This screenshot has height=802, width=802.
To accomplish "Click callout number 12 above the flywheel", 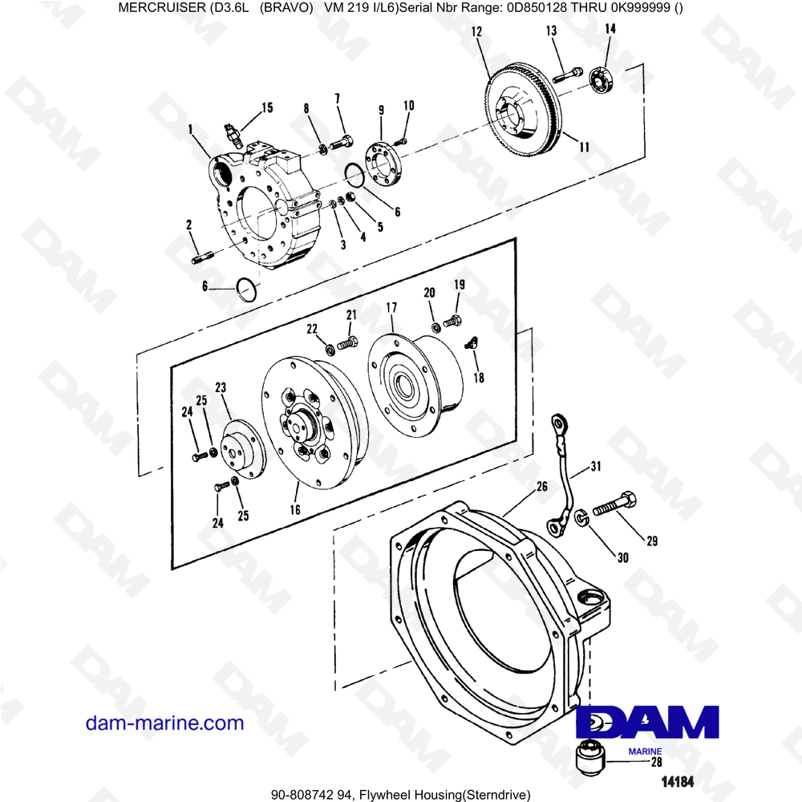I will pos(476,32).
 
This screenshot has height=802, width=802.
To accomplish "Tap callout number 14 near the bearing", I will pos(610,30).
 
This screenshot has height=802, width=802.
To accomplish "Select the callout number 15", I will pos(266,107).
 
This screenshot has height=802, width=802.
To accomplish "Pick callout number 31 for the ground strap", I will pos(595,466).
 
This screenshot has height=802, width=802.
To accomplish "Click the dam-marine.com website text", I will pos(164,723).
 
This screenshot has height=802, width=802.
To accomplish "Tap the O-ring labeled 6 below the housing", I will pos(248,290).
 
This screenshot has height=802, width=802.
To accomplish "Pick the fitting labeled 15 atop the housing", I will pos(233,134).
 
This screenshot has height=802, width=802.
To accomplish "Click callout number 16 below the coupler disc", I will pos(294,509).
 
